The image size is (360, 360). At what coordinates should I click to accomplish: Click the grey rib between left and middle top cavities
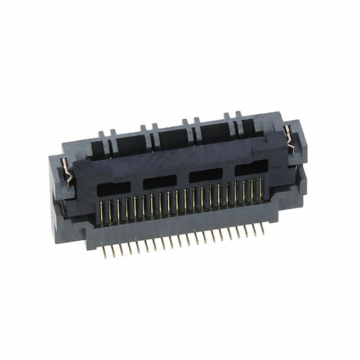coord(152,141)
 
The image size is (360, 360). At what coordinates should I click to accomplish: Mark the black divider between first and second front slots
coord(137,185)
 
